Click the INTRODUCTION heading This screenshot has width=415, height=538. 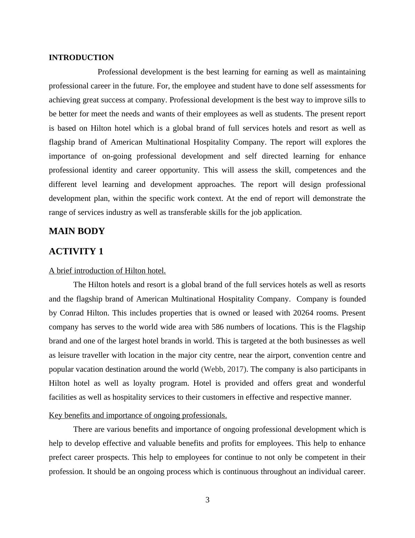pyautogui.click(x=81, y=58)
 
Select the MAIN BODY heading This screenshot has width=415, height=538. pyautogui.click(x=77, y=231)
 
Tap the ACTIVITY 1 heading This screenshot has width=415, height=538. pyautogui.click(x=76, y=252)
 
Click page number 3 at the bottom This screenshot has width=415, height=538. pyautogui.click(x=207, y=500)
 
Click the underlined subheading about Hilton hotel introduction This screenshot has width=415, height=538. pyautogui.click(x=107, y=271)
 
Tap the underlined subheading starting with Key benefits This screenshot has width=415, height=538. pyautogui.click(x=138, y=415)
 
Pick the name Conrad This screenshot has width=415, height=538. pyautogui.click(x=72, y=313)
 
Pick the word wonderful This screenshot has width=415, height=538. pyautogui.click(x=348, y=383)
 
